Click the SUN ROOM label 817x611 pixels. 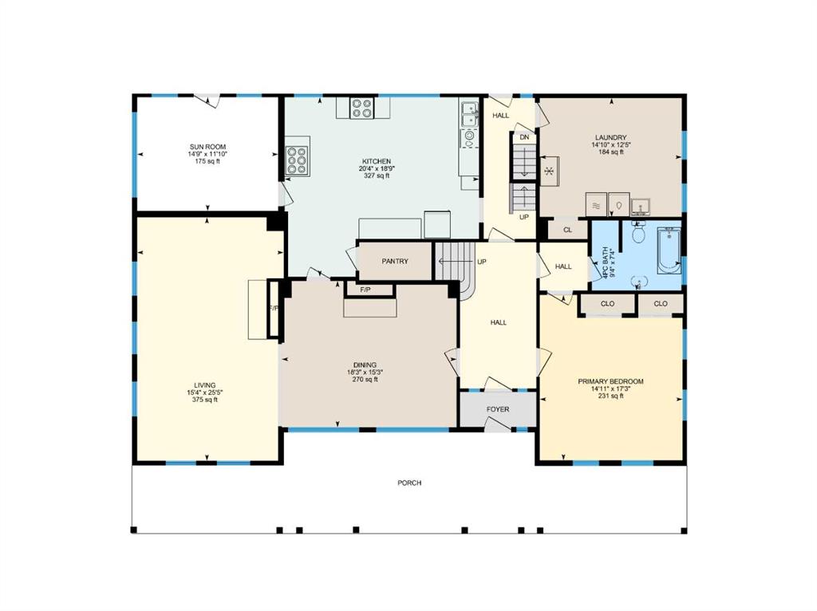(207, 147)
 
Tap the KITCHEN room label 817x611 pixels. (377, 161)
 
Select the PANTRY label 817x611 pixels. (395, 261)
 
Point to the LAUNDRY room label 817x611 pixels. (610, 137)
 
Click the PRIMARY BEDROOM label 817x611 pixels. (610, 381)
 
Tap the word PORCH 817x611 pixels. (409, 483)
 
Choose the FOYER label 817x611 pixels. (498, 409)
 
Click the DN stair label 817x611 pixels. (524, 137)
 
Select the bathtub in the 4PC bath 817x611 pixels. (669, 250)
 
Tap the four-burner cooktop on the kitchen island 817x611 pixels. (361, 108)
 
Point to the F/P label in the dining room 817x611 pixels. (365, 290)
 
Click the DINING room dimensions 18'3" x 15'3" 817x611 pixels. (365, 373)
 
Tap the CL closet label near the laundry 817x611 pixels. (567, 230)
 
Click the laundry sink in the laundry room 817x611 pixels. (641, 207)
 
